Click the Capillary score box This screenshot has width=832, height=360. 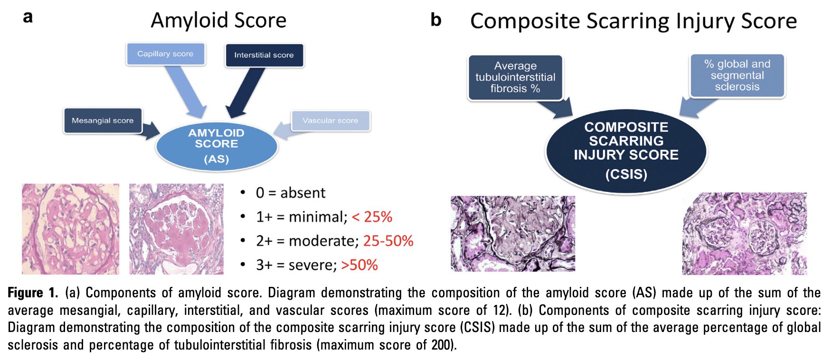(165, 54)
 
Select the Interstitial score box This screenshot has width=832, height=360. (264, 55)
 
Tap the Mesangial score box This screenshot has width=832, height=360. (103, 121)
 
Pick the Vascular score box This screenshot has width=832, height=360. (331, 121)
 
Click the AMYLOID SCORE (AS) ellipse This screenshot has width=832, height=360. (217, 146)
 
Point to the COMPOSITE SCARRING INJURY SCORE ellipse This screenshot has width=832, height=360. (626, 151)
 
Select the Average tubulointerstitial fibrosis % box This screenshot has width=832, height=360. (515, 77)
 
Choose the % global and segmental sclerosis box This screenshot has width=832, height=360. (737, 76)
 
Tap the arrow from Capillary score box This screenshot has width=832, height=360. (186, 91)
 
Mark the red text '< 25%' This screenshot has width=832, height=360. (372, 217)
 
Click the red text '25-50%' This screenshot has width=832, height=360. (388, 241)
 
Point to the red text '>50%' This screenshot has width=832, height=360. (359, 265)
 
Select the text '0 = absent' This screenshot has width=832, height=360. (290, 193)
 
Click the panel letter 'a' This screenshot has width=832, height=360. (28, 18)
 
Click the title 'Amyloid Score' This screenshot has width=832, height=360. (218, 21)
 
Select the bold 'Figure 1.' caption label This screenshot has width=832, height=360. (33, 293)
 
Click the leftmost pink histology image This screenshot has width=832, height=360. (70, 229)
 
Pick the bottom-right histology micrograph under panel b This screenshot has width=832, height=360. (744, 234)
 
